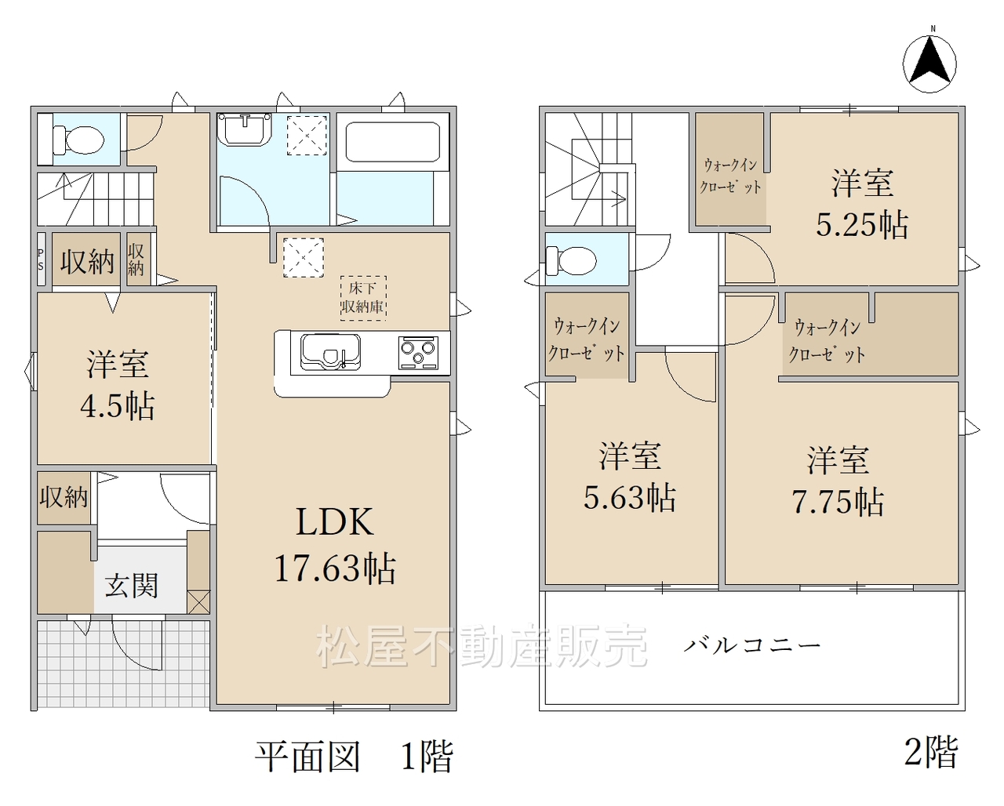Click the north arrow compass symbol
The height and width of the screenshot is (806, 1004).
coord(929,64)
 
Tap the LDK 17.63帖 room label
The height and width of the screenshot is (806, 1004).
coord(335,545)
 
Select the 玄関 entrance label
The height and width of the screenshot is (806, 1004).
coord(131,586)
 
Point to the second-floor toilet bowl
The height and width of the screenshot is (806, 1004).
coord(571,261)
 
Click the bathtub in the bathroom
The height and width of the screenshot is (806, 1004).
coord(392,142)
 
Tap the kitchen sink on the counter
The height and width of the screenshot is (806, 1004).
coord(330,351)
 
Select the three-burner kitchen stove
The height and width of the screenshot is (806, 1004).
coord(418,353)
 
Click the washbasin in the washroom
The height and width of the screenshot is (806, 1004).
coord(244,129)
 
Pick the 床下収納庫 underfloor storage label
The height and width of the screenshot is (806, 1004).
coord(362,298)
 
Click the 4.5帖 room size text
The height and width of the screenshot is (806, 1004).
coord(118,406)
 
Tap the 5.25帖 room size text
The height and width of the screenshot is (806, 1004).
coord(862,225)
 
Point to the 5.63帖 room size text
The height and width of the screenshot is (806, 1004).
coord(629,497)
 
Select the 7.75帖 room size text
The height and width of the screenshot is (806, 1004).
coord(838,502)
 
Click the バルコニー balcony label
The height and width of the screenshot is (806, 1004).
coord(752,645)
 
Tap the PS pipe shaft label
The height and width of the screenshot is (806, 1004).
coord(41,260)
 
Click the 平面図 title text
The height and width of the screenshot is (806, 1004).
coord(307,757)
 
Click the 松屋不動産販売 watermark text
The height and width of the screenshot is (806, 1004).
coord(482,646)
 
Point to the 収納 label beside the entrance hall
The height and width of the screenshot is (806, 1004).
coord(64,497)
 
